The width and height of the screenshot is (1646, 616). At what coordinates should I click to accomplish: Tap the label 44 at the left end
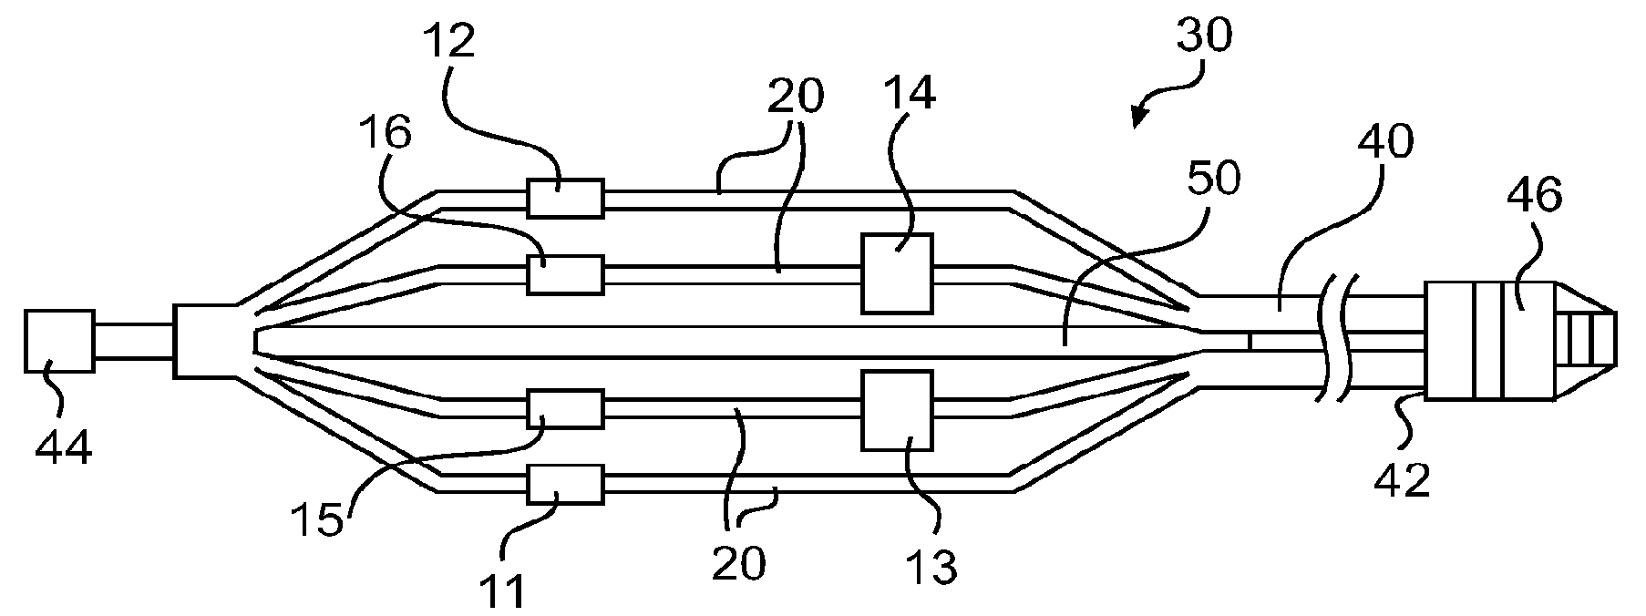point(64,448)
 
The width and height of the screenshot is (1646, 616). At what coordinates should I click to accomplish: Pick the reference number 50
point(1214,180)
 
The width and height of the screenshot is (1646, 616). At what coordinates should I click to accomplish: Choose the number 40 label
point(1385,141)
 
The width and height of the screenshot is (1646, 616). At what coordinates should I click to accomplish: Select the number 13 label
point(932,567)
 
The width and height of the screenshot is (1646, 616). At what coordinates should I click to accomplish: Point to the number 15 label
point(317,519)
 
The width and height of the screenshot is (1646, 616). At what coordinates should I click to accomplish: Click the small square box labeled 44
point(59,341)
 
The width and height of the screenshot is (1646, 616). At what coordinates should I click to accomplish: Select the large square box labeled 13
point(898,410)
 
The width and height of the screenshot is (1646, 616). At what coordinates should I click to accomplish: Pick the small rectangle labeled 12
point(565,198)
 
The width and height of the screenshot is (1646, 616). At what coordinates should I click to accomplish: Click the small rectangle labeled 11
point(565,485)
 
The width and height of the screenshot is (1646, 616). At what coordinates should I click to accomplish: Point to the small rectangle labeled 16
point(565,274)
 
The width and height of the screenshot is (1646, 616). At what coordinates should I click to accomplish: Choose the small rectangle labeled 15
point(565,409)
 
